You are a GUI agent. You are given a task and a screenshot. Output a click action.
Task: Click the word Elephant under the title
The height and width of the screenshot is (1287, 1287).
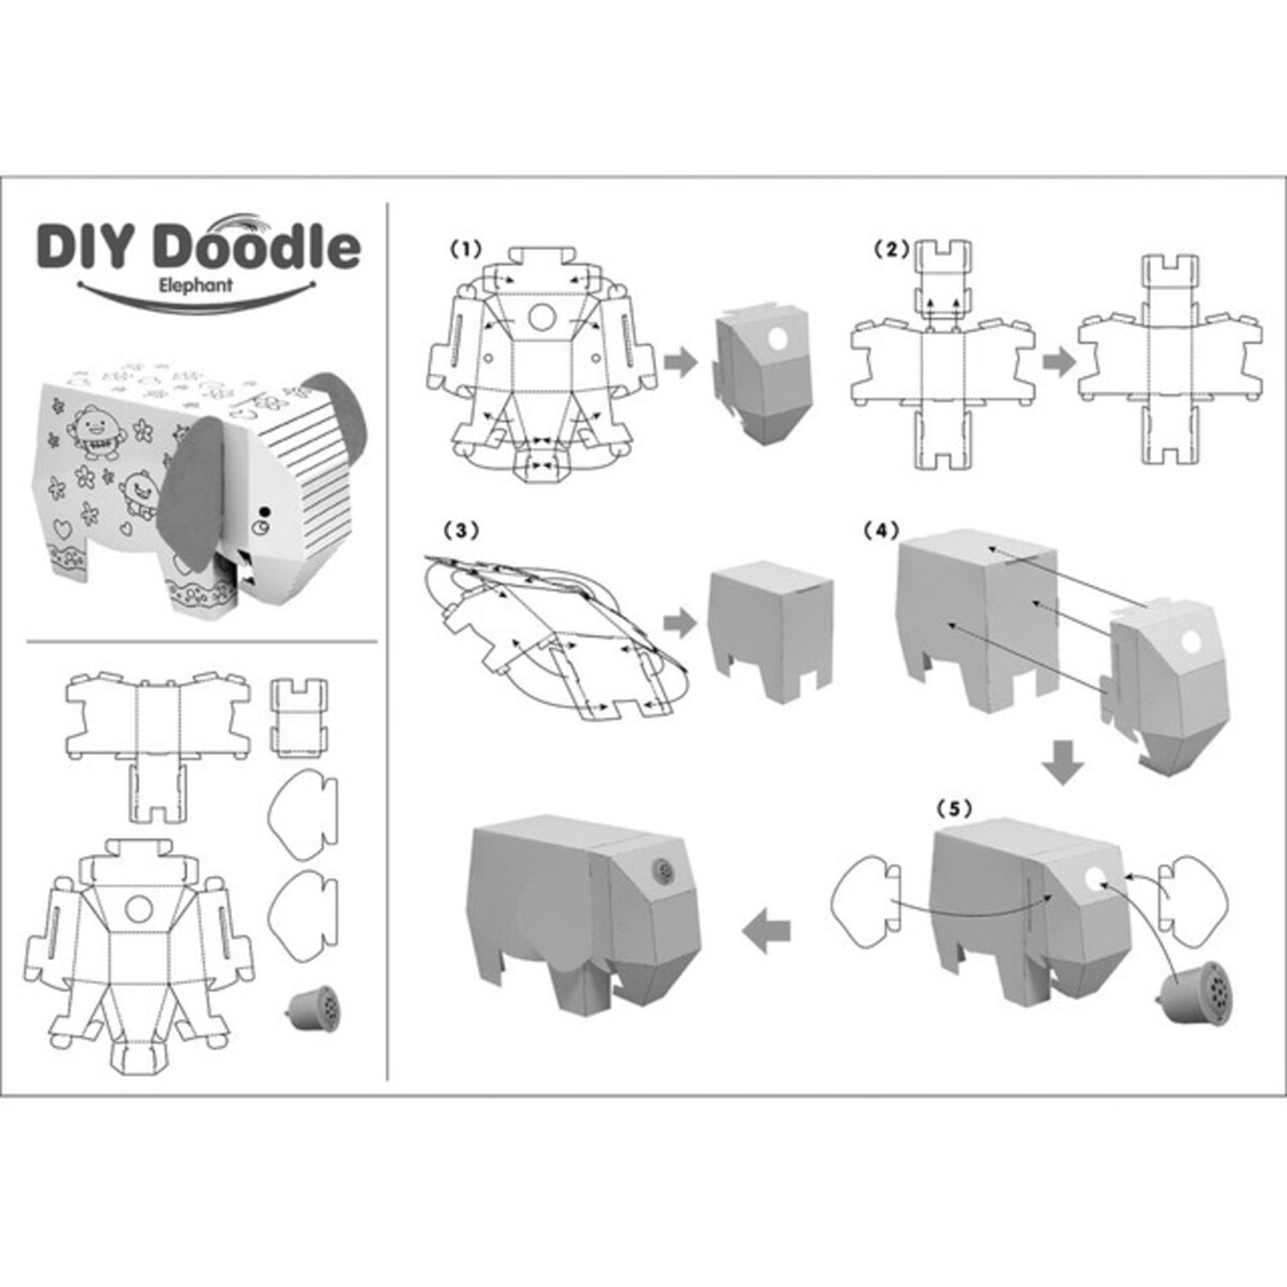tap(196, 285)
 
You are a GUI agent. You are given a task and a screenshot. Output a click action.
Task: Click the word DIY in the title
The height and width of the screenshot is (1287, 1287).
tap(91, 247)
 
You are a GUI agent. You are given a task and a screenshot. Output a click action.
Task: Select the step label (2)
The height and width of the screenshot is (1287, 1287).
tap(892, 249)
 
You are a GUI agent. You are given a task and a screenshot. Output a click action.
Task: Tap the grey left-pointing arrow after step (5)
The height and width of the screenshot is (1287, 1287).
tap(767, 931)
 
